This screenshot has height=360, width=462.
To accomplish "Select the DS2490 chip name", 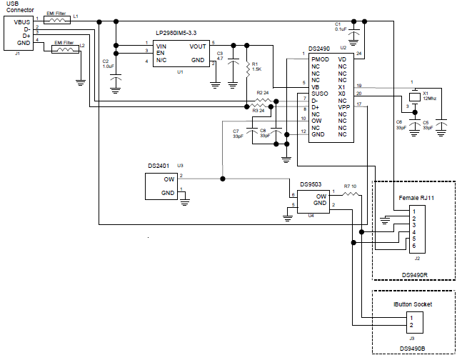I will pos(319,49).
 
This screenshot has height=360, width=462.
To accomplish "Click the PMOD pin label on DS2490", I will pos(321,59).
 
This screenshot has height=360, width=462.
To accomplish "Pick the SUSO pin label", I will pos(319,94).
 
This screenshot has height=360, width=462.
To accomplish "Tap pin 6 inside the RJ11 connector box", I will pos(413,246).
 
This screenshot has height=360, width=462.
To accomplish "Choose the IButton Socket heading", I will pos(413,304).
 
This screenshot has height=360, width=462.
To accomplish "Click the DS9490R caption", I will pos(415,274).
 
